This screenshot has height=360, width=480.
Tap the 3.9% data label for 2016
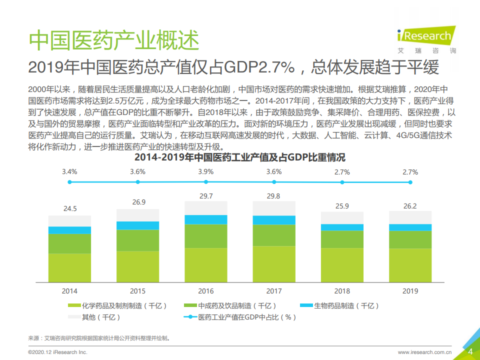[205, 171]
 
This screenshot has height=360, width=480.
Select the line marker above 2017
[273, 182]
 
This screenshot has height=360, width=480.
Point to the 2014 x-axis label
[69, 291]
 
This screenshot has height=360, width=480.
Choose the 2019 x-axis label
[410, 291]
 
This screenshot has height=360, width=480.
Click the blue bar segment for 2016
[205, 219]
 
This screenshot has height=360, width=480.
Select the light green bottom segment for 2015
[137, 266]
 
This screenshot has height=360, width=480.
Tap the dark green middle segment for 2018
[342, 239]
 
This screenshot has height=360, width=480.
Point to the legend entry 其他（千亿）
[94, 317]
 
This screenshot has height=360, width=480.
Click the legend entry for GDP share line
[240, 317]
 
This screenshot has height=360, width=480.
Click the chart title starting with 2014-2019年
[240, 157]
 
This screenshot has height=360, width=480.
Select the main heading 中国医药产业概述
[114, 40]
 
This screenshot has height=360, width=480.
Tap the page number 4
[470, 351]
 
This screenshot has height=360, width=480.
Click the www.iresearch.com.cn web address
[424, 352]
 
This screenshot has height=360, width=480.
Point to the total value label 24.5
[69, 208]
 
